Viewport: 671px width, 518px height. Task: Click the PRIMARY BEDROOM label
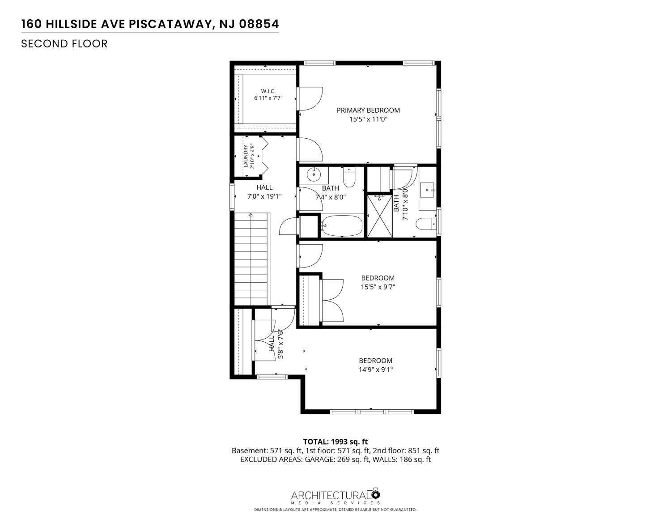tap(368, 110)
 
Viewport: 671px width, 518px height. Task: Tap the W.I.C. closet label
tap(268, 91)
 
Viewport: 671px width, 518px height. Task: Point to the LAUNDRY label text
tap(246, 156)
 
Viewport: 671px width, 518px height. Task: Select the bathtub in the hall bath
tap(342, 225)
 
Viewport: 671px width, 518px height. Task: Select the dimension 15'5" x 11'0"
tap(368, 119)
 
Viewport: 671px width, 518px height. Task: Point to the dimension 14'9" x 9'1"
tap(375, 369)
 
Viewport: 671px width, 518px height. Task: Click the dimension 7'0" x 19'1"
tap(264, 196)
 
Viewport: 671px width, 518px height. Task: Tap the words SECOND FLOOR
tap(64, 44)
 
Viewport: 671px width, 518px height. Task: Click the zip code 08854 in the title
tap(259, 24)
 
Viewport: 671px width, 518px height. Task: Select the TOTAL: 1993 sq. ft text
tap(335, 442)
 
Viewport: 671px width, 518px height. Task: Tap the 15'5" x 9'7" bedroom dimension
tap(378, 287)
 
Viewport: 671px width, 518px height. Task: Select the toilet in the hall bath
tap(349, 177)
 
